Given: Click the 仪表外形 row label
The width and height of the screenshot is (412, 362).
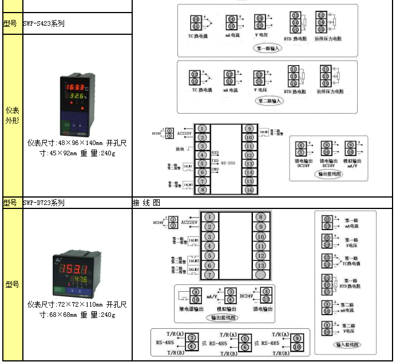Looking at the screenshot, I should pyautogui.click(x=12, y=115).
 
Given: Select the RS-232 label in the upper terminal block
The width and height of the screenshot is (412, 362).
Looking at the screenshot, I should pyautogui.click(x=227, y=163).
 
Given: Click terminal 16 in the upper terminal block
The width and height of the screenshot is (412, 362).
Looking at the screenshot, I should pyautogui.click(x=249, y=190).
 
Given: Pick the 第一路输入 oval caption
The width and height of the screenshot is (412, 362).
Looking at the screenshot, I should pyautogui.click(x=268, y=49).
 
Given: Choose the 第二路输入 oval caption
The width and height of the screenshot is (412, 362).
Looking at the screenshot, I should pyautogui.click(x=269, y=101).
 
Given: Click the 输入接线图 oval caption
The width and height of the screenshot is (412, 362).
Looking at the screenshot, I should pyautogui.click(x=347, y=344).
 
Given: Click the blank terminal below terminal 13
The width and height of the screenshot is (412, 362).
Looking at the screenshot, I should pyautogui.click(x=260, y=275).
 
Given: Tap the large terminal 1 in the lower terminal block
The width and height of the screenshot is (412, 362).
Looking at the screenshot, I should pyautogui.click(x=210, y=217).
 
